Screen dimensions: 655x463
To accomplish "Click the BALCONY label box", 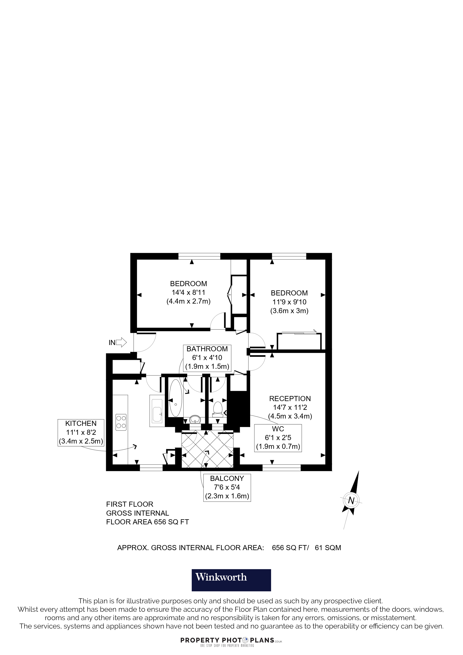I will click(x=227, y=488).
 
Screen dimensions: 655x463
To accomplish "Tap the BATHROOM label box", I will click(x=207, y=358).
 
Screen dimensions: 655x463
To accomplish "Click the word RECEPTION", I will click(x=290, y=399).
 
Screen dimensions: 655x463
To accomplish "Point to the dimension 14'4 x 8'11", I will click(x=188, y=293).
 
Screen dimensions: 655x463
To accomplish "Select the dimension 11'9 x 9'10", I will click(x=289, y=302).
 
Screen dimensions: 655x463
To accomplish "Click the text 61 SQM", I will click(x=328, y=548).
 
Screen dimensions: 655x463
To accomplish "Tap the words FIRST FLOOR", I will click(x=130, y=504).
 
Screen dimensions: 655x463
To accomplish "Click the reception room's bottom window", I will click(x=282, y=467).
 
